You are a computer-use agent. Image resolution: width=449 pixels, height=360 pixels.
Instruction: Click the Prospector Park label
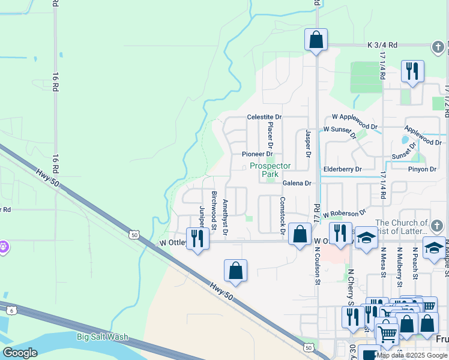(x=270, y=170)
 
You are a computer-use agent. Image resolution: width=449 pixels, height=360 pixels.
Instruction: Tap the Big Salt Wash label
(x=102, y=337)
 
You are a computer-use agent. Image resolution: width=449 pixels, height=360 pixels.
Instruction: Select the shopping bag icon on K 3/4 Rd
(x=316, y=40)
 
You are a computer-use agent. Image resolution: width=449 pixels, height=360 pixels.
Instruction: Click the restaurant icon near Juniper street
(x=197, y=239)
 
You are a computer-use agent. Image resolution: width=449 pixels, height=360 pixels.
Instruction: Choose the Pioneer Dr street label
(x=258, y=154)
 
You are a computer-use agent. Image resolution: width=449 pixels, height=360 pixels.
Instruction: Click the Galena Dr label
(x=297, y=183)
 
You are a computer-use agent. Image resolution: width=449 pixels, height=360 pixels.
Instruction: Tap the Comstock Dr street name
(x=282, y=215)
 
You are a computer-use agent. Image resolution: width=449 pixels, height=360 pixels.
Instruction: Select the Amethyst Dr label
(x=226, y=217)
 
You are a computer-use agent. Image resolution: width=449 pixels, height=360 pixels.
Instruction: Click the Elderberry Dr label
(x=342, y=169)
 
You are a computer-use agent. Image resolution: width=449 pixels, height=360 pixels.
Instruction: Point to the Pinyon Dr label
(x=422, y=169)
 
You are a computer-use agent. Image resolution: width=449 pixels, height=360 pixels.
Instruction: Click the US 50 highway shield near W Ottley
(x=134, y=235)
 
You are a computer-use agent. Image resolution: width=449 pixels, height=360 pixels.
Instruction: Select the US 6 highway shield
(x=11, y=310)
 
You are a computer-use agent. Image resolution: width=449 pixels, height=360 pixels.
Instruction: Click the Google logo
(x=20, y=353)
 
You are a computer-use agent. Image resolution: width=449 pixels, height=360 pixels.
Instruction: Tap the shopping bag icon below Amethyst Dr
(x=236, y=271)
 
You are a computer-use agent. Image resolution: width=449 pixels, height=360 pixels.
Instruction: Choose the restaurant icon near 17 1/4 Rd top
(x=412, y=72)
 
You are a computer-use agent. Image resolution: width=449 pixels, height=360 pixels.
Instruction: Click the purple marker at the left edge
(x=3, y=247)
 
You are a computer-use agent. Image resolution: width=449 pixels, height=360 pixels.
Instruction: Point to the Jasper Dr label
(x=308, y=144)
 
